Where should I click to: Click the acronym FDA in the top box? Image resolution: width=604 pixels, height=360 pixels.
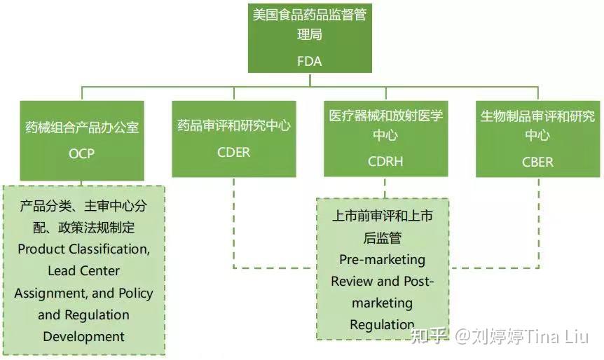click(x=309, y=61)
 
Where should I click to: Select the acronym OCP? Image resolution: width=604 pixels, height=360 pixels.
click(x=81, y=153)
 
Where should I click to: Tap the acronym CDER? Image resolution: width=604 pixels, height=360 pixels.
click(x=233, y=152)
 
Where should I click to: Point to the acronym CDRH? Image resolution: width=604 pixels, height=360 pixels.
click(x=385, y=162)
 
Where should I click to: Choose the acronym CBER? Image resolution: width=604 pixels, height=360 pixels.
click(x=537, y=162)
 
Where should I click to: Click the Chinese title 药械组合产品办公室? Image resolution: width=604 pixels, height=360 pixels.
click(x=81, y=127)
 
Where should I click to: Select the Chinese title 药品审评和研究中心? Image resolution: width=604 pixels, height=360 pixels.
click(x=233, y=126)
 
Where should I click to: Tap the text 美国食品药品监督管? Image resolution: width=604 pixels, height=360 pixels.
click(x=309, y=15)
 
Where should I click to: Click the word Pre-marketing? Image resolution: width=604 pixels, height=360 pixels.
click(x=382, y=260)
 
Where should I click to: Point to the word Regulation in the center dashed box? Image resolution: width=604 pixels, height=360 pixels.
click(x=382, y=325)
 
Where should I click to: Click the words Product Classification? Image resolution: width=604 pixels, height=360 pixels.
click(x=83, y=249)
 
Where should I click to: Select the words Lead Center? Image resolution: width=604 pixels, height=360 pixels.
click(x=83, y=270)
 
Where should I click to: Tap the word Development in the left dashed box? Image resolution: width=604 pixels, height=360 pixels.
click(x=83, y=337)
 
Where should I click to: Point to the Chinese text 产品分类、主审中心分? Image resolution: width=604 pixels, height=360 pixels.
click(x=83, y=207)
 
